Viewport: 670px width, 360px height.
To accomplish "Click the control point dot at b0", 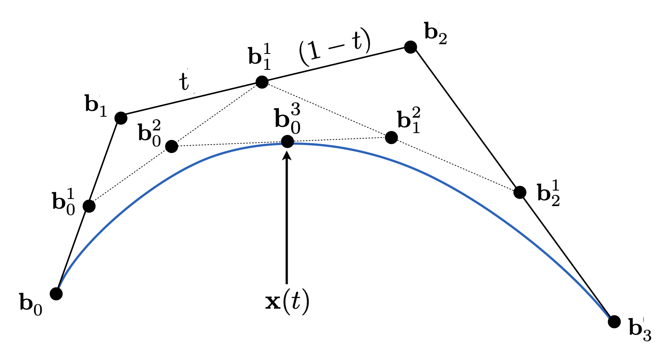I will click(56, 293).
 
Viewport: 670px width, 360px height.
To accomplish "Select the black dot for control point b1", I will click(121, 118).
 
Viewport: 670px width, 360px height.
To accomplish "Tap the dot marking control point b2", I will click(411, 46).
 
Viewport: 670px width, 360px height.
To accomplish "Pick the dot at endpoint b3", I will click(614, 322).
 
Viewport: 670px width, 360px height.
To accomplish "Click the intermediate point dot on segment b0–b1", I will click(89, 206).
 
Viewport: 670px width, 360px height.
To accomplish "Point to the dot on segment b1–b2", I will click(262, 82).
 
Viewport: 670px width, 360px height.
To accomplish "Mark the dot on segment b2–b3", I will click(520, 192).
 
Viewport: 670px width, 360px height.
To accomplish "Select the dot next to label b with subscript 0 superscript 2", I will click(172, 146).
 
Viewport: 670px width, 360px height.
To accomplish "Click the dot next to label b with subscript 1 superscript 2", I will click(391, 138).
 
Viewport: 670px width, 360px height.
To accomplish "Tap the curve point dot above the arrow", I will click(287, 142).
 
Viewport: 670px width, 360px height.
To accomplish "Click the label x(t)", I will click(287, 303).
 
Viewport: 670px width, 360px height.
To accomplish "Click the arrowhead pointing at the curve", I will click(287, 155).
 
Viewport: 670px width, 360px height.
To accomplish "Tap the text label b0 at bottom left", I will click(31, 304).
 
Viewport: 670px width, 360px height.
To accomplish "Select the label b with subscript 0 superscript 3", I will click(288, 119).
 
